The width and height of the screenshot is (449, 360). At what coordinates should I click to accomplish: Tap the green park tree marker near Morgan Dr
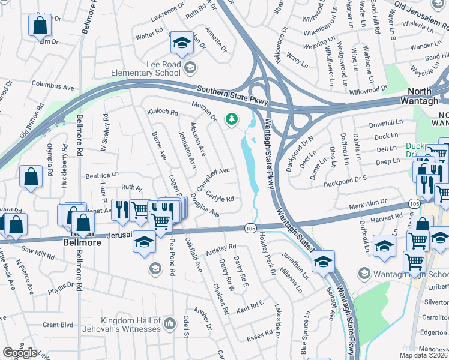pos(231,120)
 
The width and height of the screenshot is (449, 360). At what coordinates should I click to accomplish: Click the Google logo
pos(20,352)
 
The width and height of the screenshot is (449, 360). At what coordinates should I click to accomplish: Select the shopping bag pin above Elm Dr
pos(39,25)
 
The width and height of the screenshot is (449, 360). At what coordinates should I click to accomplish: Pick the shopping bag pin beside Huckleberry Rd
pos(31,177)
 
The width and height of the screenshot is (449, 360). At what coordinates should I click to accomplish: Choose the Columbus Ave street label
pos(52,85)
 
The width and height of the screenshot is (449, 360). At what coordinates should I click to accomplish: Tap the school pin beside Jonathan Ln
pos(323,262)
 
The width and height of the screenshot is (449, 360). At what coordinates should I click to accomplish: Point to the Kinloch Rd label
pos(163,112)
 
